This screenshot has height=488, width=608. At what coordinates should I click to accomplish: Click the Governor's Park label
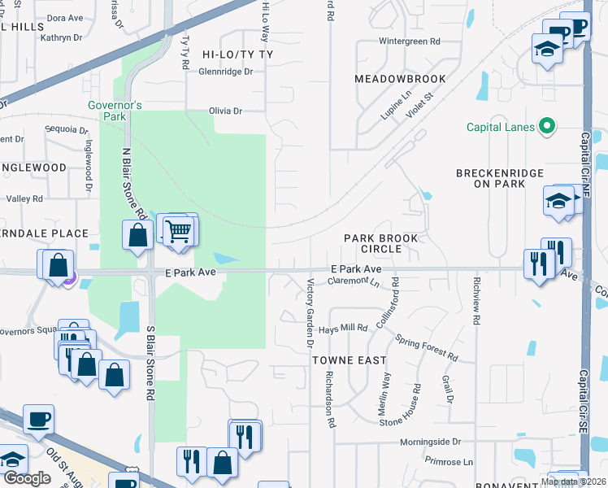[x=115, y=111]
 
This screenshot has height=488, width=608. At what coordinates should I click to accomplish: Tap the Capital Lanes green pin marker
[x=547, y=126]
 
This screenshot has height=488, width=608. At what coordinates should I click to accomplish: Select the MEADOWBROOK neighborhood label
[x=400, y=79]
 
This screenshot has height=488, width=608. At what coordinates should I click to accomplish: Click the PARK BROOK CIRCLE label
[x=380, y=243]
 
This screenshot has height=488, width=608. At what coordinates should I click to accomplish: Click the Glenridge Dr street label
[x=225, y=72]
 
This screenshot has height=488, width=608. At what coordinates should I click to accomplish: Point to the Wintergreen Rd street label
[x=410, y=41]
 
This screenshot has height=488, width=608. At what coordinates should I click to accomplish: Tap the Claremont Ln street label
[x=354, y=281]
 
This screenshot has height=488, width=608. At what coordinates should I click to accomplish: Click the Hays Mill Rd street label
[x=343, y=328]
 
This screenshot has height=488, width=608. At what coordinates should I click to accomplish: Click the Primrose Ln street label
[x=449, y=461]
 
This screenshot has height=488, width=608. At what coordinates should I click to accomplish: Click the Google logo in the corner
[x=26, y=478]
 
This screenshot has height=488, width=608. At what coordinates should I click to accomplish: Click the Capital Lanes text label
[x=501, y=127]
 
